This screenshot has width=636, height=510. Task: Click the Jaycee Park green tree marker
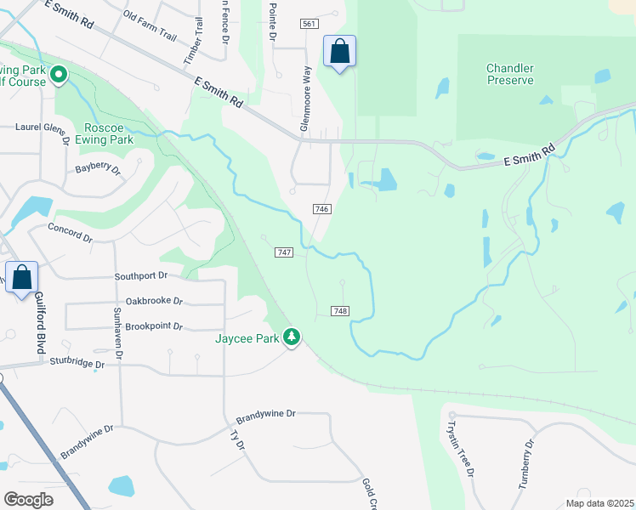pos(292,337)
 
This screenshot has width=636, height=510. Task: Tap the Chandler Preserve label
pos(510,74)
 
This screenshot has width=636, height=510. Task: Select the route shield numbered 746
pos(321,209)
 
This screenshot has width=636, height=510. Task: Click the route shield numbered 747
pos(285,252)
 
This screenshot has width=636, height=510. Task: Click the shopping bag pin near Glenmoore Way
pos(339,52)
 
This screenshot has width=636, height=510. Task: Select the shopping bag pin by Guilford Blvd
pos(22,277)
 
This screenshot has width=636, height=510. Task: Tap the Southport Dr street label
pos(142,276)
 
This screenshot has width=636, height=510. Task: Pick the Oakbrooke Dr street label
pos(154,300)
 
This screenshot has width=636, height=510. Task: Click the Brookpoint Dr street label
pos(154,326)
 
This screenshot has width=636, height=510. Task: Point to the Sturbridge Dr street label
pos(76,365)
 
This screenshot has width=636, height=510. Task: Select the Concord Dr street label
pos(70,233)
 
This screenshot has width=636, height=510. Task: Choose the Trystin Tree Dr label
pos(461,448)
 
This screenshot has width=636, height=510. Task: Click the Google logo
pos(29,500)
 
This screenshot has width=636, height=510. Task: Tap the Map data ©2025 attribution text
pos(599,503)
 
